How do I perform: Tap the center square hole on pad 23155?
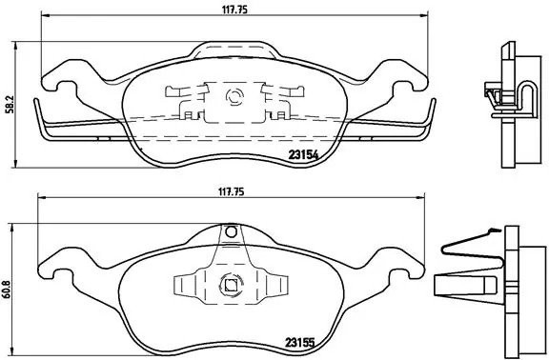pyautogui.click(x=229, y=282)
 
